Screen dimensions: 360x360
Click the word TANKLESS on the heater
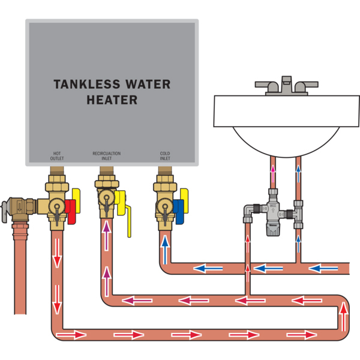coord(81,85)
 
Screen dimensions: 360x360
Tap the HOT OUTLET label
coord(57,155)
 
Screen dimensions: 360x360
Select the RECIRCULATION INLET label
coord(106,155)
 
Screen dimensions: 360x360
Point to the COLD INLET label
coord(165,155)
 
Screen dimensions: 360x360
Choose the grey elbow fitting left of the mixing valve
coord(248,211)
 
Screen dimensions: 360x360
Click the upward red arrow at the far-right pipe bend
coord(343,311)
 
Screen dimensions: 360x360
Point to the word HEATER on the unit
coord(112,100)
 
